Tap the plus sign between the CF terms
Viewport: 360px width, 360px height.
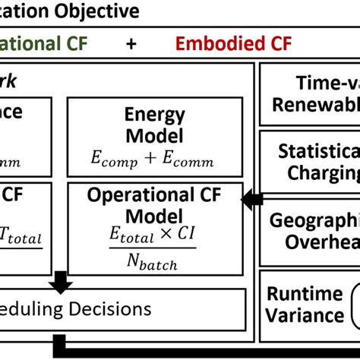131,44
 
